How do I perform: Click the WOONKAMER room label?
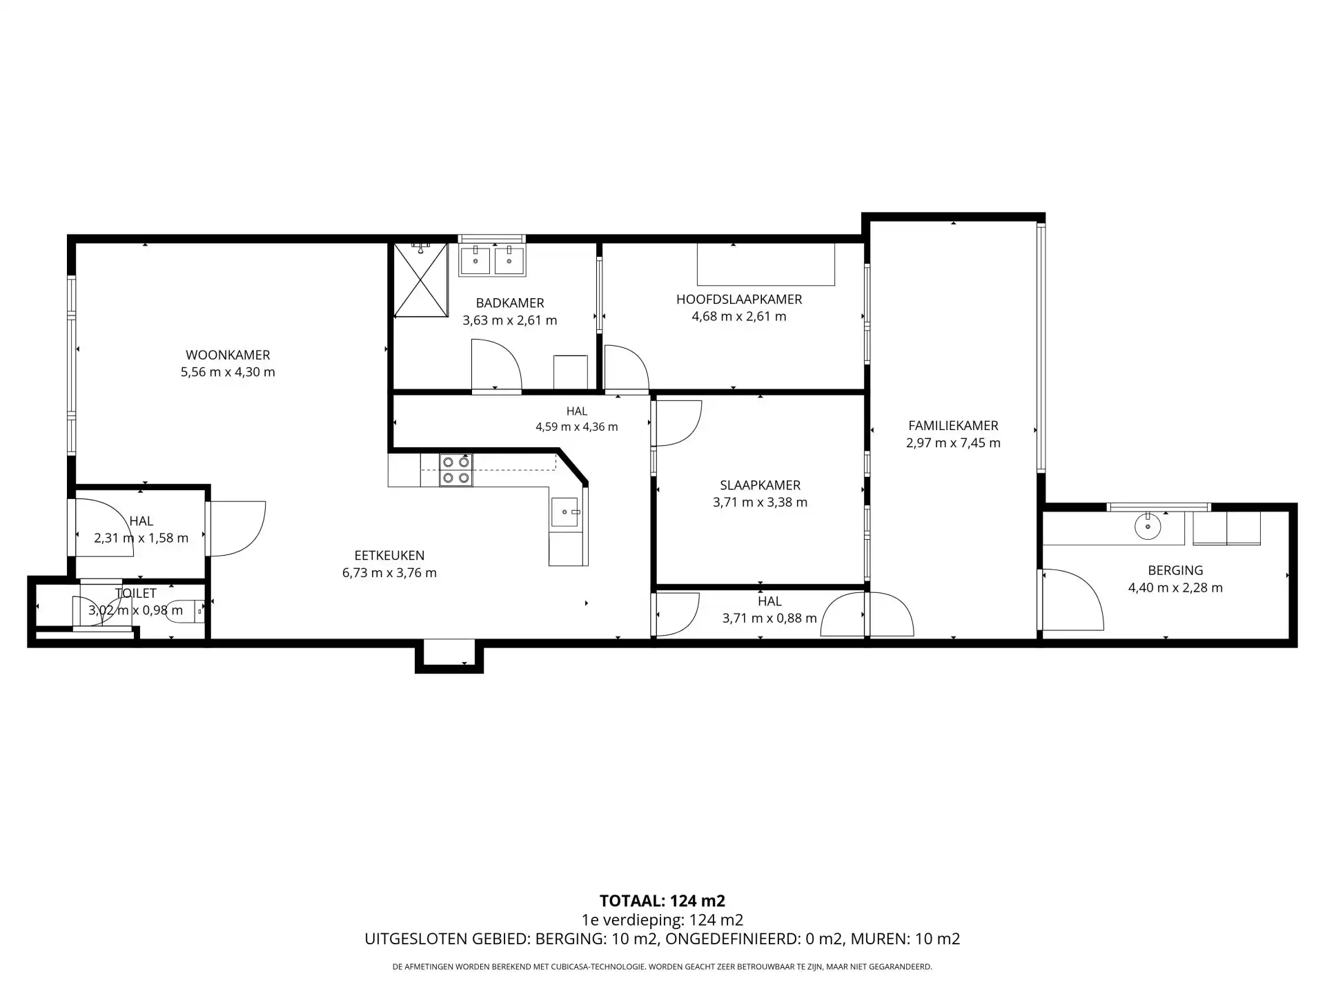[x=228, y=355]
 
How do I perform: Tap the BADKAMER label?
[x=510, y=303]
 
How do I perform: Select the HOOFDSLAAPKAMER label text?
[x=739, y=300]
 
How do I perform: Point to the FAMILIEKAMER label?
[x=953, y=426]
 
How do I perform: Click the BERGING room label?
[x=1175, y=571]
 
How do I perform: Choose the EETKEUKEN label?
[x=389, y=556]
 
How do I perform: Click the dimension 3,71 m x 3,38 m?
[x=760, y=503]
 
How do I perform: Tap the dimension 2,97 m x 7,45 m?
[x=953, y=443]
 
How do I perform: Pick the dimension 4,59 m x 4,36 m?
[x=577, y=427]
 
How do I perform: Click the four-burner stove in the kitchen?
[x=456, y=470]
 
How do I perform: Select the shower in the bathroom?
[x=421, y=280]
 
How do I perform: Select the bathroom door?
[x=496, y=365]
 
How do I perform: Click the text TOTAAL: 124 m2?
[x=662, y=901]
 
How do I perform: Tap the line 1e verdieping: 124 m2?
[x=662, y=920]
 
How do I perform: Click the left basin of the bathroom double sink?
[x=475, y=261]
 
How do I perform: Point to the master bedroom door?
[x=627, y=368]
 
